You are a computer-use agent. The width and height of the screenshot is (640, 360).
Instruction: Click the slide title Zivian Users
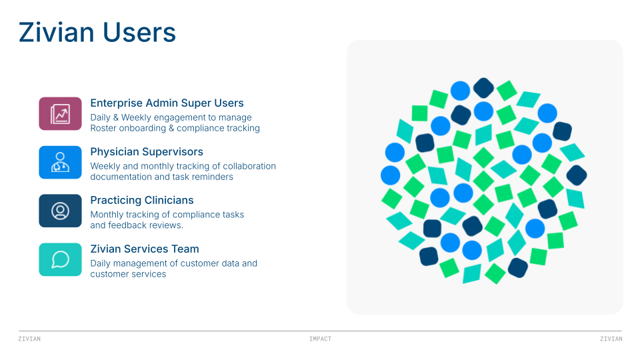click(97, 32)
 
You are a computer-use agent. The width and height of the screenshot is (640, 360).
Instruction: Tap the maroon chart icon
click(60, 113)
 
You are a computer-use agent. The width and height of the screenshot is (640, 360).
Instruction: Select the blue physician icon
click(60, 162)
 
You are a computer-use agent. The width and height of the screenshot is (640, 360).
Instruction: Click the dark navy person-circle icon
click(60, 211)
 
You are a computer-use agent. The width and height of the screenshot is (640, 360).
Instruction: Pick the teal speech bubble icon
click(60, 259)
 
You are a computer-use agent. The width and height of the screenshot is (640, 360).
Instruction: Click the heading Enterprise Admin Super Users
click(167, 103)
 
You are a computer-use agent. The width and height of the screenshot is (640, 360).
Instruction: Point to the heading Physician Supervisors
click(147, 152)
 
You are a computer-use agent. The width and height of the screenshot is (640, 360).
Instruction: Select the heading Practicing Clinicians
click(142, 200)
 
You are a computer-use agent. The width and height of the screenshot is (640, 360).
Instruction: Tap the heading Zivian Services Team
click(145, 249)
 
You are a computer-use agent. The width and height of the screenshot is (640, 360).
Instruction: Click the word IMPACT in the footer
click(320, 339)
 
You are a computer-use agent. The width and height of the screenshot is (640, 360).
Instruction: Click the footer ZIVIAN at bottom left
click(29, 339)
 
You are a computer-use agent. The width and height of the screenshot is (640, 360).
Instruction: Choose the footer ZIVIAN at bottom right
click(611, 339)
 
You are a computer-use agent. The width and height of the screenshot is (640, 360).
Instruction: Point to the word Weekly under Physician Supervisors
click(105, 166)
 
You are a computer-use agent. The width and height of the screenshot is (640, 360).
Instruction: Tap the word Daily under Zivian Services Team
click(101, 263)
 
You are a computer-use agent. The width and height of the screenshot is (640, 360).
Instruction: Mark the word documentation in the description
click(120, 177)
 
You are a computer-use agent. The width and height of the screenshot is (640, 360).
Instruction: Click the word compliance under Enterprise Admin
click(199, 128)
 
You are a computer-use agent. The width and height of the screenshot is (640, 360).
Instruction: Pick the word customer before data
click(200, 263)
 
